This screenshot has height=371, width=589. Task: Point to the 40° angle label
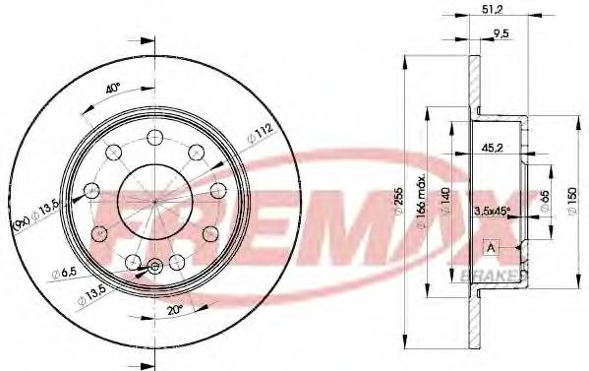click(113, 87)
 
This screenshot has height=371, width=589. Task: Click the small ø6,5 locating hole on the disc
click(152, 266)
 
